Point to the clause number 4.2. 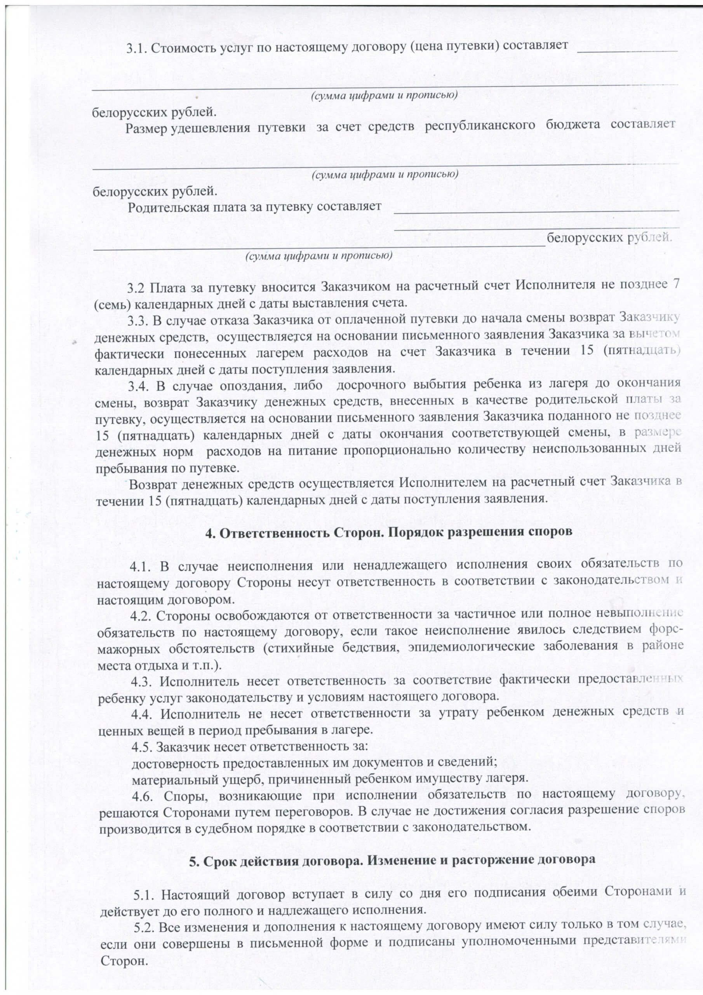point(142,615)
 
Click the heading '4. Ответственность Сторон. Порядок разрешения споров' point(388,532)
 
